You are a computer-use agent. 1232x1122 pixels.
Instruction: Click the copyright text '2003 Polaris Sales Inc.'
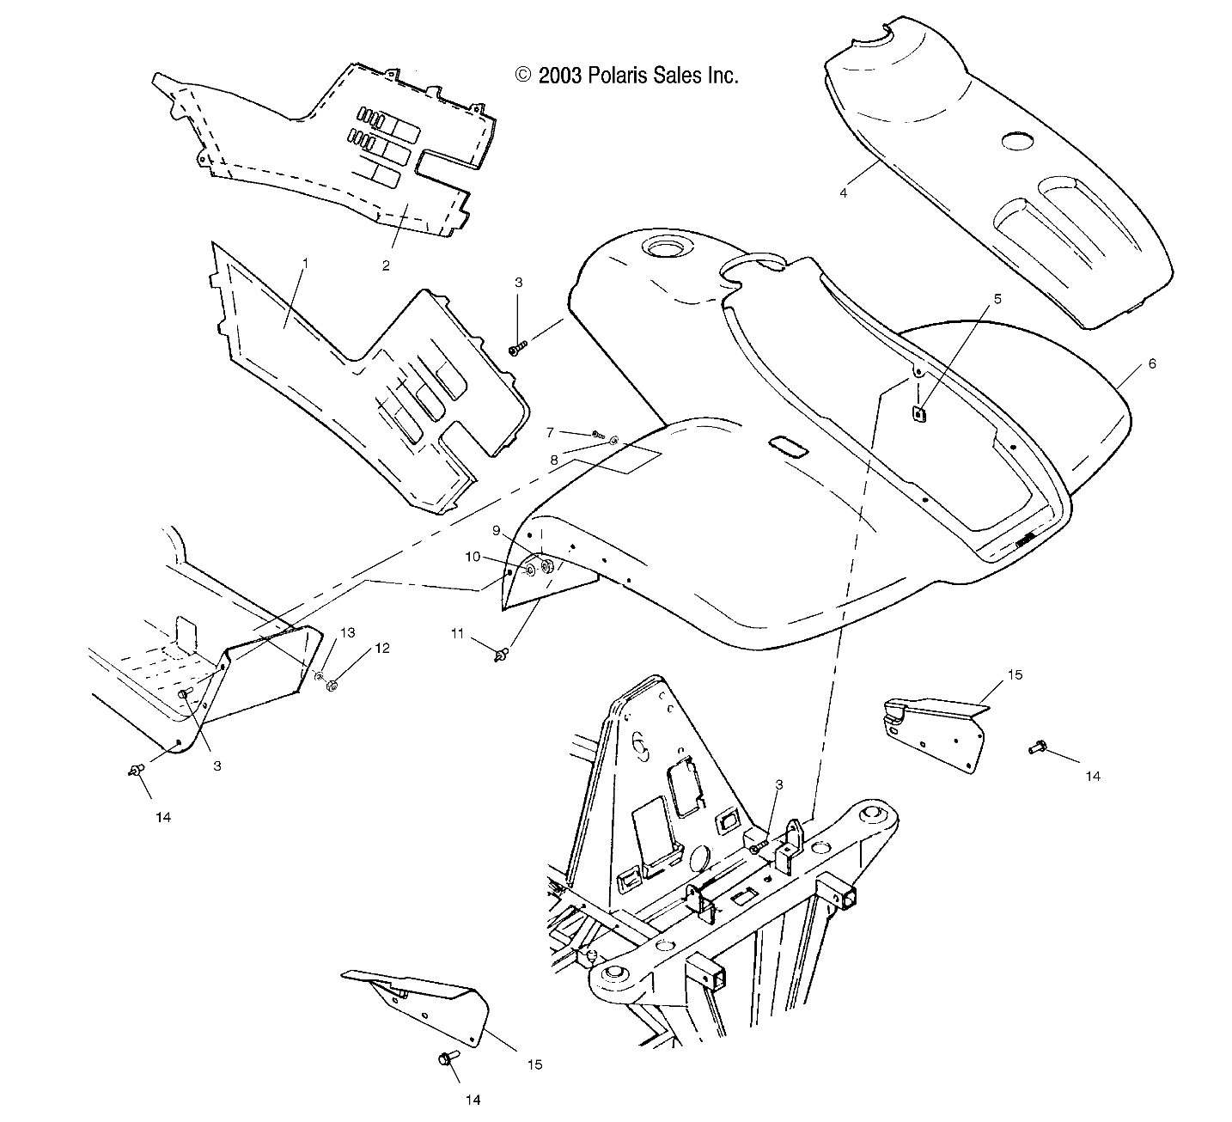627,76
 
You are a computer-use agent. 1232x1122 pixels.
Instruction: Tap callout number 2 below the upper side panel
386,265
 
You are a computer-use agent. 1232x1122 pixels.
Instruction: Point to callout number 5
997,299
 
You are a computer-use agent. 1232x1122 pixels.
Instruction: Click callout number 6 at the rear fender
1151,363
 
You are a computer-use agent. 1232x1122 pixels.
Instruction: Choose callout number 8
554,460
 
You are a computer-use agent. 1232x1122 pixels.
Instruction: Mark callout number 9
497,530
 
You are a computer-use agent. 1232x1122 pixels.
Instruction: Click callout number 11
458,633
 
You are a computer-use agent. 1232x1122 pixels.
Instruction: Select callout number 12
381,648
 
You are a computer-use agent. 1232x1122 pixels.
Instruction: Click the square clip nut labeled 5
918,414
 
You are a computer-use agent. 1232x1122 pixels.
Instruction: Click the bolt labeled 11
498,656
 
